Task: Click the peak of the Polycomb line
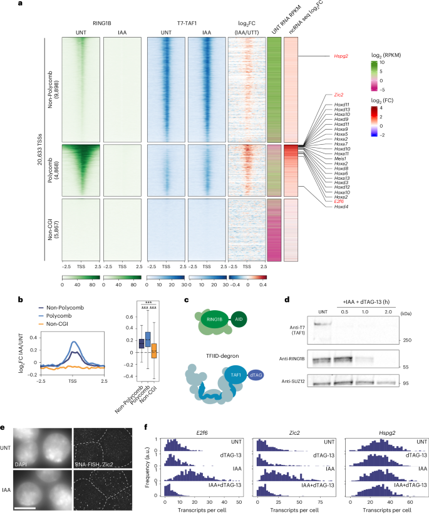(x=75, y=343)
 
